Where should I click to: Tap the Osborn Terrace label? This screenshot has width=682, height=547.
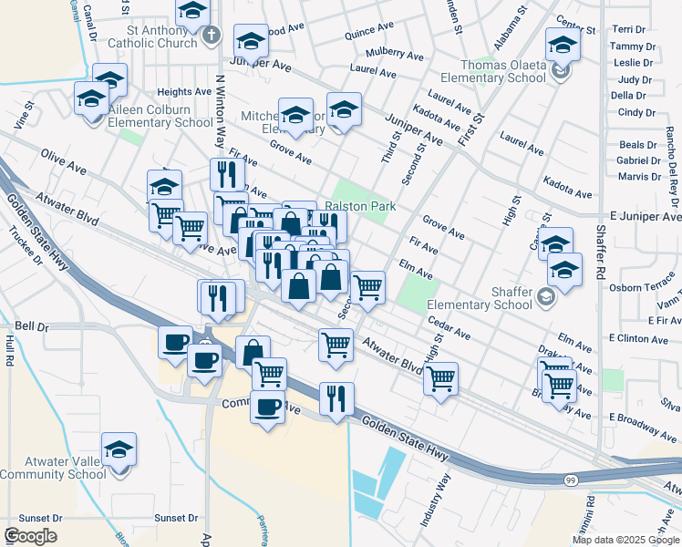[646, 286]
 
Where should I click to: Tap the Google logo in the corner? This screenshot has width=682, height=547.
[30, 536]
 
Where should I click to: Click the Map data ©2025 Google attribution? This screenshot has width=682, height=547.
[625, 540]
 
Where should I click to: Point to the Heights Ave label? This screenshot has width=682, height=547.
[184, 92]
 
